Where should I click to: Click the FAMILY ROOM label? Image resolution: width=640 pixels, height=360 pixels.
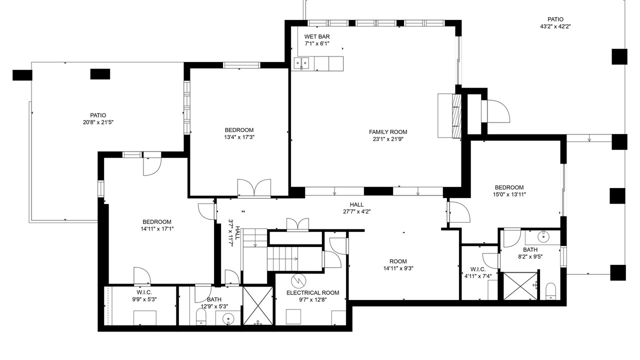coord(388,132)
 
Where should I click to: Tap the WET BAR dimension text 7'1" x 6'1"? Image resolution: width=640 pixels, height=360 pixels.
coord(317,43)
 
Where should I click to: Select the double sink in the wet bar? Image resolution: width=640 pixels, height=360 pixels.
coord(301,63)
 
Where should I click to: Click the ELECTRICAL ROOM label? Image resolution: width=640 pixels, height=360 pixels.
coord(313,293)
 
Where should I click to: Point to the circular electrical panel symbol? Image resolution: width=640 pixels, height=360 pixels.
coord(298,281)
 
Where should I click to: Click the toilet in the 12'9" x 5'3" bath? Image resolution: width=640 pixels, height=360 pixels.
coord(201,316)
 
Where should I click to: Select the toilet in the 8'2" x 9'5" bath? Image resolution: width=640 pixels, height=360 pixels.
coord(550,291)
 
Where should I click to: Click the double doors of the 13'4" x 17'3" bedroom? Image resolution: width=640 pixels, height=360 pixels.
coord(254,187)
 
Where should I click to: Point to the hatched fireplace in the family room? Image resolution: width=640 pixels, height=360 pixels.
coord(457,115)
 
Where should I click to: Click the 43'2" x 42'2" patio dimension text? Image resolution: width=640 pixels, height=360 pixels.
coord(555,26)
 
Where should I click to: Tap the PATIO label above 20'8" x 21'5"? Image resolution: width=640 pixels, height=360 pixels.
coord(98,115)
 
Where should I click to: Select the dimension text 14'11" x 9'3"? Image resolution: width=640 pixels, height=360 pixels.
coord(398,268)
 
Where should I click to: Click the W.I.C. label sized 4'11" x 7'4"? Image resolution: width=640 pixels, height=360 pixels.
coord(478,269)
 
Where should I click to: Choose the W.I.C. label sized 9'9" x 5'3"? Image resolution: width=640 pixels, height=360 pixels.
coord(144,292)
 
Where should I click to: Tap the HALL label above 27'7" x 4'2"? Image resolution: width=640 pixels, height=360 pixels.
coord(357,204)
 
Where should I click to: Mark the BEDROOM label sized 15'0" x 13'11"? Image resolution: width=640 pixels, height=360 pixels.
coord(509,187)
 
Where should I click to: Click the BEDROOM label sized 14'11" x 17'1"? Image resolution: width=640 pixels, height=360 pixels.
coord(157,221)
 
